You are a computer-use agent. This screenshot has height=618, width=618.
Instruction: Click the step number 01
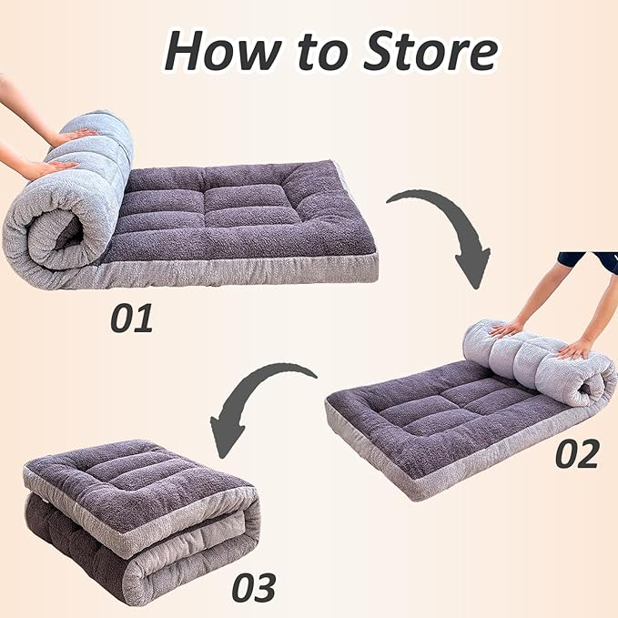coord(133,318)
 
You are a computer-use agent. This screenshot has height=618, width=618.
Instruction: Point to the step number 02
coord(577,453)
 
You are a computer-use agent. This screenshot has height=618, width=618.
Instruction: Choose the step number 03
coord(252,588)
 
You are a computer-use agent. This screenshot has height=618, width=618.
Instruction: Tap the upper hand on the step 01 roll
coord(73,137)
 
